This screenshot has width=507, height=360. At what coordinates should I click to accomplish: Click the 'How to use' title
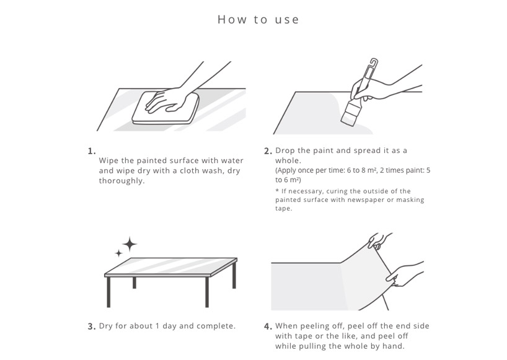pyautogui.click(x=258, y=19)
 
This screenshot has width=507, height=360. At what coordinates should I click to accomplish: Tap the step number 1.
pyautogui.click(x=92, y=151)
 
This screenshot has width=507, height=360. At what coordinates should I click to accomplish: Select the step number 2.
pyautogui.click(x=268, y=151)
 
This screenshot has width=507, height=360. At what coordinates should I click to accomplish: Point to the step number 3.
pyautogui.click(x=92, y=327)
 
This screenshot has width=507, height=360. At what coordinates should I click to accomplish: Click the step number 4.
pyautogui.click(x=268, y=327)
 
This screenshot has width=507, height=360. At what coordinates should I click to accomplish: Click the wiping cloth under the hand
pyautogui.click(x=165, y=108)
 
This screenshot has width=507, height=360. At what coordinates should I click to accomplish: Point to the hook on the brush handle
pyautogui.click(x=374, y=63)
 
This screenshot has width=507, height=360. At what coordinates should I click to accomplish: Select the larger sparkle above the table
pyautogui.click(x=130, y=244)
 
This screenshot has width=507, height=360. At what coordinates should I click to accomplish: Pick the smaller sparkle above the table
pyautogui.click(x=118, y=253)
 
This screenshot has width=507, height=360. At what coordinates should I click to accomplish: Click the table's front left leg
pyautogui.click(x=108, y=292)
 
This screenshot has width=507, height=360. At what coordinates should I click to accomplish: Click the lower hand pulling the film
pyautogui.click(x=404, y=274)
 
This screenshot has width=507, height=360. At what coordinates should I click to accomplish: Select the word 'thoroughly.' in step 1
pyautogui.click(x=121, y=181)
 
